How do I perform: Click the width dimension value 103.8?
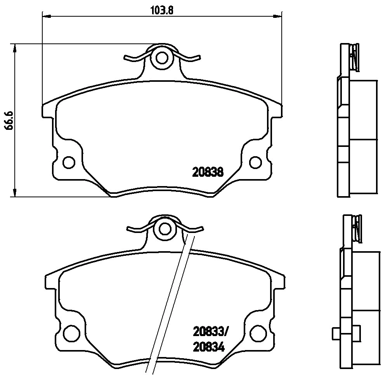(x=161, y=10)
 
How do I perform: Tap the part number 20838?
(x=208, y=172)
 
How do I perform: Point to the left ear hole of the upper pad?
(x=69, y=162)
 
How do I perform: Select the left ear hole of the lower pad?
(x=71, y=332)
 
